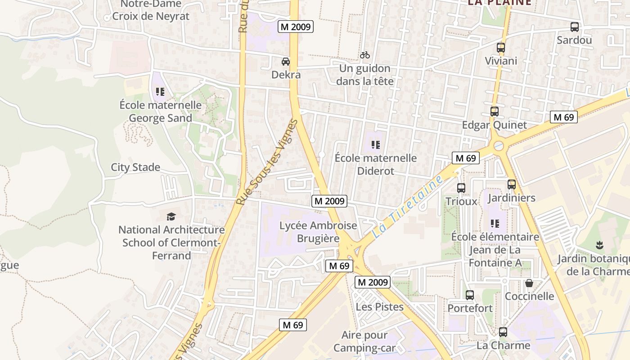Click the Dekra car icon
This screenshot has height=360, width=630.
(x=286, y=62)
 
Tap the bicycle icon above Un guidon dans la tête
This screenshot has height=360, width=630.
(x=365, y=55)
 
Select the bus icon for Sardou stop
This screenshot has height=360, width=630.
(x=575, y=27)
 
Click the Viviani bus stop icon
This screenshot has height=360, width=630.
(x=501, y=48)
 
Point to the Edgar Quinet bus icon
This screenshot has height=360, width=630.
(x=495, y=112)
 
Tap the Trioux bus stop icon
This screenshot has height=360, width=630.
(x=461, y=188)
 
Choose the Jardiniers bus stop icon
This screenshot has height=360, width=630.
(x=512, y=184)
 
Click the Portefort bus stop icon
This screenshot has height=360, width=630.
(x=470, y=295)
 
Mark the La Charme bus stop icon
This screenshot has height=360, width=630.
(x=503, y=332)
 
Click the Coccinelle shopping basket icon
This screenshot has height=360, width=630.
(x=529, y=283)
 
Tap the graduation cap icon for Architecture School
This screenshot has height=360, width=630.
(x=171, y=217)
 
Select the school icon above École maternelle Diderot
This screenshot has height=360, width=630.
(x=376, y=145)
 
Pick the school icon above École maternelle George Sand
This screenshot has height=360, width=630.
(x=160, y=92)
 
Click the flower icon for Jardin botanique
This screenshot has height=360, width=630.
(x=599, y=245)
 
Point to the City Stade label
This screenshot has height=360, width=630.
(x=135, y=167)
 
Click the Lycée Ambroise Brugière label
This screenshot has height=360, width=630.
(x=318, y=232)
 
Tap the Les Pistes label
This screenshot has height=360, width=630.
(x=380, y=307)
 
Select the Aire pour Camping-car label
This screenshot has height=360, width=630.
(x=364, y=342)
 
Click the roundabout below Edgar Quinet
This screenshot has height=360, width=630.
(x=499, y=145)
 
